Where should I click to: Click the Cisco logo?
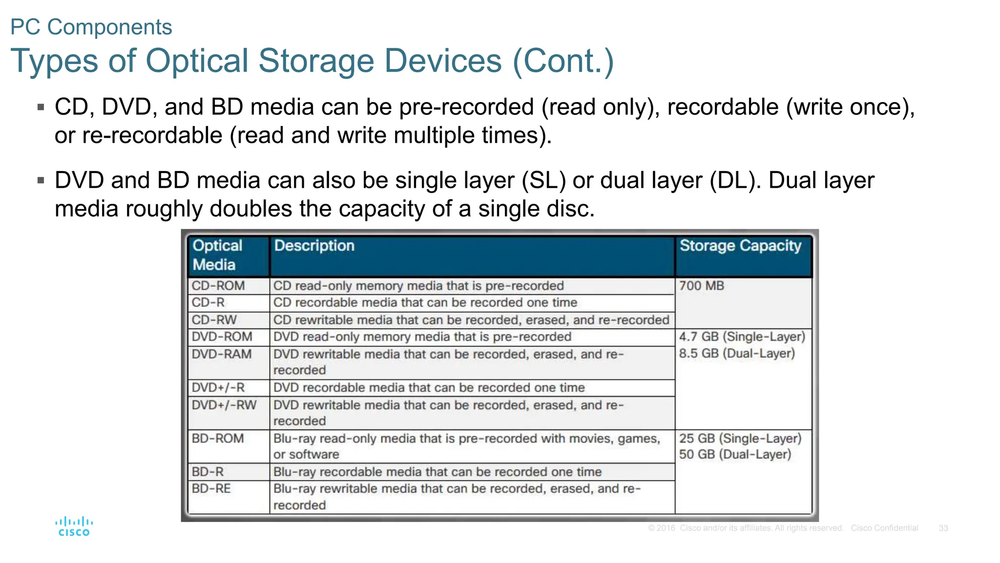coord(74,527)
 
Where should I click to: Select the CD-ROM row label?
coord(218,286)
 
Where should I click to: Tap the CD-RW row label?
coord(214,320)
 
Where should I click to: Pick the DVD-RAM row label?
coord(222,354)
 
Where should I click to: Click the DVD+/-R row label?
coord(218,388)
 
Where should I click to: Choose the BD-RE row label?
coord(211,489)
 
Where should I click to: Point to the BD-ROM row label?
coord(218,438)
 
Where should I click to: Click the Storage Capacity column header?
coord(740,246)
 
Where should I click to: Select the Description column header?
coord(314,246)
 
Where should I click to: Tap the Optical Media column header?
coord(217,255)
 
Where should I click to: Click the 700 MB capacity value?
coord(701,286)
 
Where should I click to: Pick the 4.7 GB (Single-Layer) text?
coord(742,337)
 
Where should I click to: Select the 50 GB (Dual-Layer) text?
coord(735,455)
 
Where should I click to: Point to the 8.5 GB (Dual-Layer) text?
coord(737,353)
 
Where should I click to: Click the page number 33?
coord(943,528)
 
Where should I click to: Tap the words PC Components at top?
coord(91,27)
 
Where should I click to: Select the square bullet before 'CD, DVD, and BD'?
coord(41,107)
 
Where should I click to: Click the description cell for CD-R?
coord(425,303)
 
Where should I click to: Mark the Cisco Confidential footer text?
coord(884,528)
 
